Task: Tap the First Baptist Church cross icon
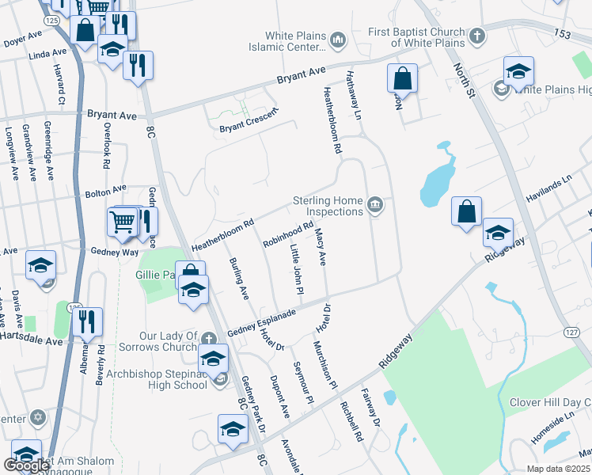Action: click(476, 36)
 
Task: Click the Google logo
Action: click(26, 465)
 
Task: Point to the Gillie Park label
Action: click(154, 275)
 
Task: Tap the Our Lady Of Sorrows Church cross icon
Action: click(207, 337)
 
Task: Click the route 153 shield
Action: click(562, 34)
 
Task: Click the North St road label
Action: click(463, 82)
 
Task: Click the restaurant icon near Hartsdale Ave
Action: click(87, 321)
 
